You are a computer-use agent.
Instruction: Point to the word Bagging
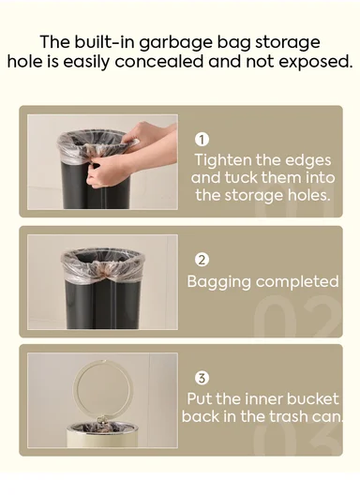click(x=217, y=280)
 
